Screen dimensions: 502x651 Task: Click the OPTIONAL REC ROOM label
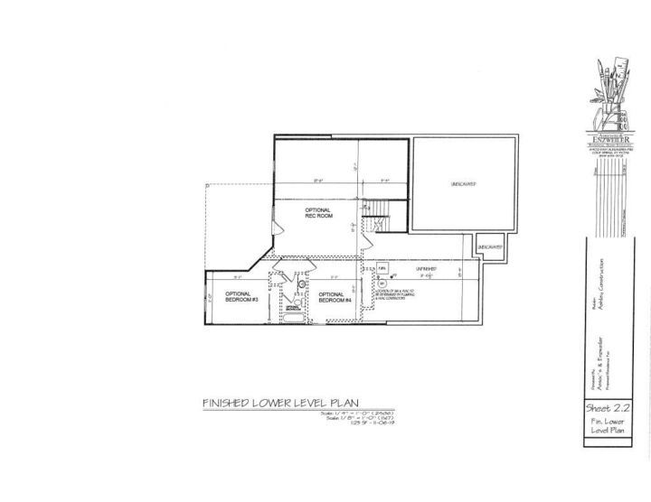click(317, 212)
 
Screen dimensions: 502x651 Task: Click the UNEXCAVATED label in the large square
click(464, 184)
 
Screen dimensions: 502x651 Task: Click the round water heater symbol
click(382, 283)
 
